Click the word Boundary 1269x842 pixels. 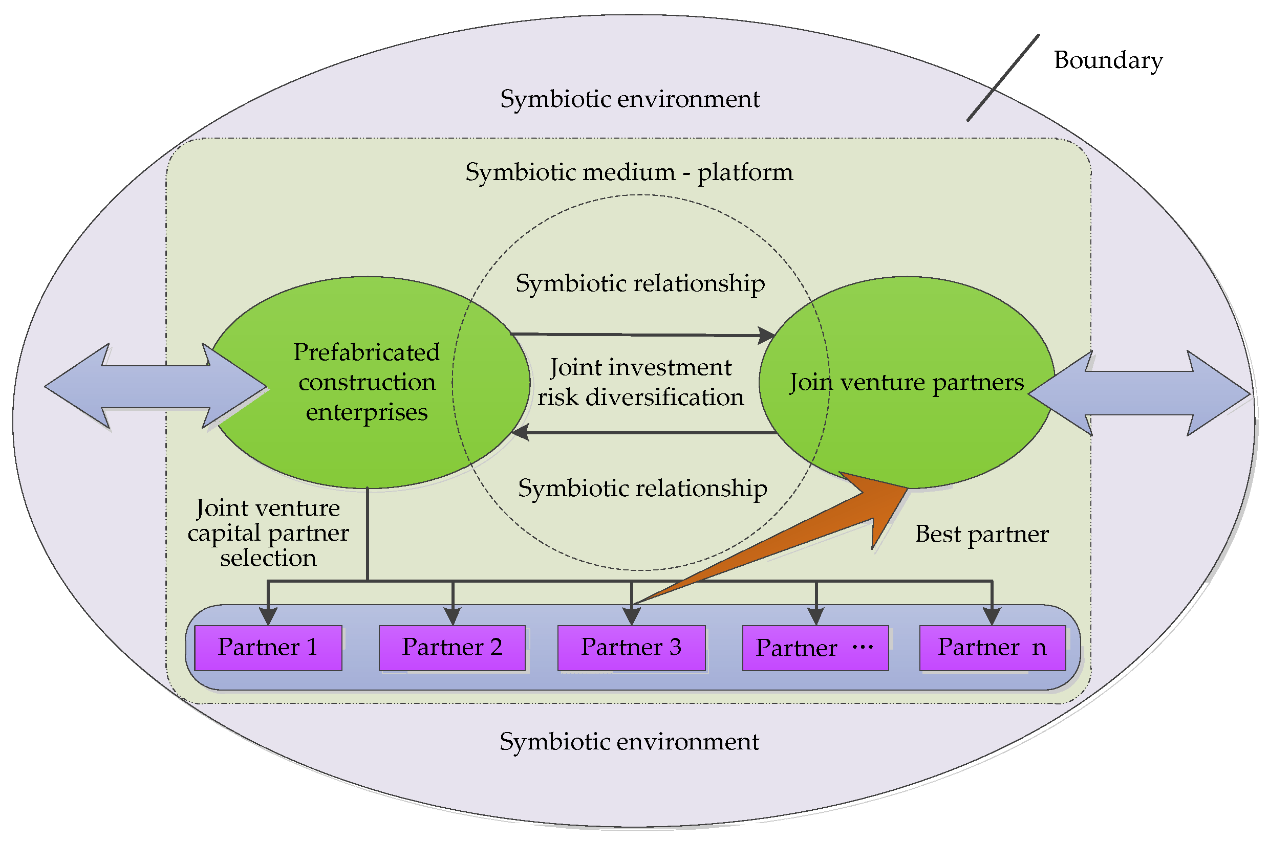[x=1108, y=60]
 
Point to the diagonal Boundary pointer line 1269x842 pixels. [x=1002, y=78]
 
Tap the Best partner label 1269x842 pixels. [x=981, y=534]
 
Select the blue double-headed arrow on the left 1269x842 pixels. [x=156, y=387]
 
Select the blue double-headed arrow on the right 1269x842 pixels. [x=1139, y=393]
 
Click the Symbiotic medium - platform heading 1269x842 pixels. [x=629, y=172]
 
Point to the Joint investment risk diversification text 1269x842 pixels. [x=640, y=382]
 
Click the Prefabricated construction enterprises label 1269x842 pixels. [x=367, y=382]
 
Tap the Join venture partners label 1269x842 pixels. [x=907, y=382]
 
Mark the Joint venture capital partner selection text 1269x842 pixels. [x=268, y=533]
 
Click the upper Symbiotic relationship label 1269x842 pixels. [x=640, y=283]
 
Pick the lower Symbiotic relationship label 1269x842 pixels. [x=642, y=488]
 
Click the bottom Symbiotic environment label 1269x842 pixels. [x=629, y=742]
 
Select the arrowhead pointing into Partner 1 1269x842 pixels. [x=268, y=616]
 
